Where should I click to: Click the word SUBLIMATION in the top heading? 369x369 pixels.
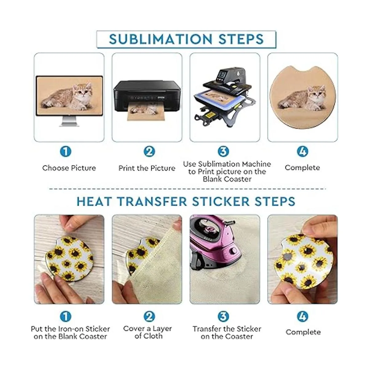point(161,39)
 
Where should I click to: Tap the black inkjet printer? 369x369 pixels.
point(147,97)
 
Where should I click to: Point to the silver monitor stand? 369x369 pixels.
point(69,121)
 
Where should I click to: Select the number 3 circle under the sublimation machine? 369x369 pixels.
point(224,151)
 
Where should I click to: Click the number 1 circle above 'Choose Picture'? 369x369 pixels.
point(66,152)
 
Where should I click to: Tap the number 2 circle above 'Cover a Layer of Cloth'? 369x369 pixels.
point(149,316)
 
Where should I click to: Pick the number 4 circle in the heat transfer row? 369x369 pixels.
point(303,316)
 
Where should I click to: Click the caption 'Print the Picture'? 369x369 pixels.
point(147,168)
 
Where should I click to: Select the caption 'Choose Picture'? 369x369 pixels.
point(69,168)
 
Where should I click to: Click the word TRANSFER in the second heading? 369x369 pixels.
point(152,201)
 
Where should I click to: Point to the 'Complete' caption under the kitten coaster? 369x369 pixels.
point(302,168)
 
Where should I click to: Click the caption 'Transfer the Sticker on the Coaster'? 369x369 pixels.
point(227,333)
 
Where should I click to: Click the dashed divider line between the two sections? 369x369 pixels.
point(188,189)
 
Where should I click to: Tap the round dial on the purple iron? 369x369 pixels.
point(232,251)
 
